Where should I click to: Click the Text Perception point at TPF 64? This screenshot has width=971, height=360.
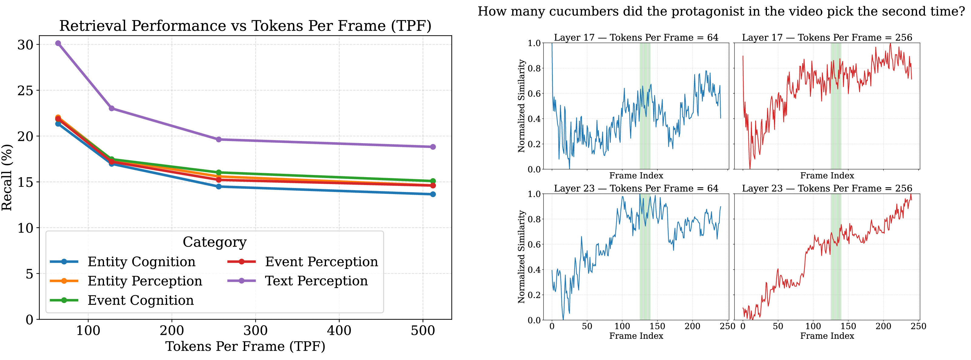point(58,43)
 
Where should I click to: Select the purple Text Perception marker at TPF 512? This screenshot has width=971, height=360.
point(433,147)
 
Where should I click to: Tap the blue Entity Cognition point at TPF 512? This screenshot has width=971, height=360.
point(433,194)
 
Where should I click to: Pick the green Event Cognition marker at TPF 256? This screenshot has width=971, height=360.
point(219,173)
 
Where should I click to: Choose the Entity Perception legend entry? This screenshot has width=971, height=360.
point(145,281)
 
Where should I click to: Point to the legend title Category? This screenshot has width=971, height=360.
point(214,242)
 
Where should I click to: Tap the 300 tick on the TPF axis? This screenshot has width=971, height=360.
point(255,331)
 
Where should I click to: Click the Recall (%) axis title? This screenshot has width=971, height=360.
point(7,177)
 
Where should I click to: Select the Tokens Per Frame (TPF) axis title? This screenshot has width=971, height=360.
point(245,346)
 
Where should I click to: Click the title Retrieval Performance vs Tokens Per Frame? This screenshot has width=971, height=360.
point(245,26)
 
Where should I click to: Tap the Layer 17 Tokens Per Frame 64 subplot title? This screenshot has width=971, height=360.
point(636,37)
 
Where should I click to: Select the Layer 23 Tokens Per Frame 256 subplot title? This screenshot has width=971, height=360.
point(827,188)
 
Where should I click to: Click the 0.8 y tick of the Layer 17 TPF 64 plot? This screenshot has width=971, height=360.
point(534,68)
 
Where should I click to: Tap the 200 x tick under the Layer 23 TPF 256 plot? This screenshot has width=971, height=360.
point(883,326)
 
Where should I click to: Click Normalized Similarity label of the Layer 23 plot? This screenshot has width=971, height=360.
point(522,256)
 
